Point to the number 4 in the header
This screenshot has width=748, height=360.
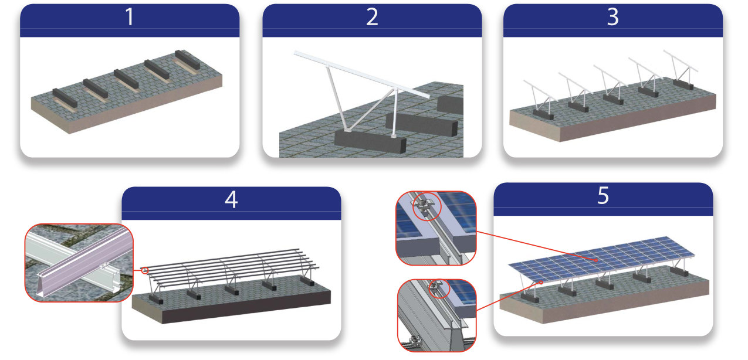[x=231, y=199]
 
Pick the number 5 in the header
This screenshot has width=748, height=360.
[x=603, y=195]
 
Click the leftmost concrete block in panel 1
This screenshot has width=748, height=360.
[x=65, y=97]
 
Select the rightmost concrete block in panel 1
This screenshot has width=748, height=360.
[x=187, y=59]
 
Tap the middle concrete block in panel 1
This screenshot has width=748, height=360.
[x=126, y=79]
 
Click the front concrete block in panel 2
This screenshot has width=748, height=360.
[x=370, y=141]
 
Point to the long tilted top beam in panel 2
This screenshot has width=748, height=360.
[x=361, y=74]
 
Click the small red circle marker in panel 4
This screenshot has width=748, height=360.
[x=144, y=270]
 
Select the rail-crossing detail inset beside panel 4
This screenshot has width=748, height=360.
[x=79, y=263]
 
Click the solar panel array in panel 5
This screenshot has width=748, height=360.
[x=601, y=259]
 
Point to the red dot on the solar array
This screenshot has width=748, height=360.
[x=596, y=260]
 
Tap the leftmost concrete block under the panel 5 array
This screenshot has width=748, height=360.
[x=530, y=297]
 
